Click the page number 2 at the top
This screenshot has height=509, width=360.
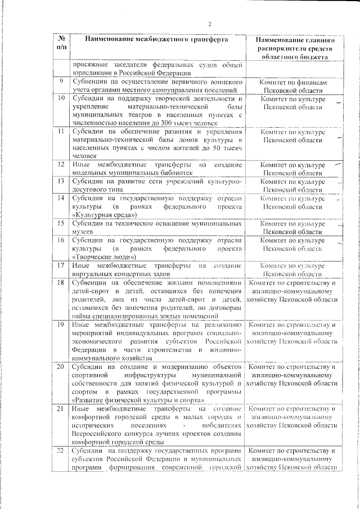209,24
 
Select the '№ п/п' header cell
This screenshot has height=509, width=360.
61,44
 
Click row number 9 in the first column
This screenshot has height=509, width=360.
61,82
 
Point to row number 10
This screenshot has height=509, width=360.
61,98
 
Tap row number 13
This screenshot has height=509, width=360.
61,182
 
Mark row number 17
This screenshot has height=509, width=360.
61,264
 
